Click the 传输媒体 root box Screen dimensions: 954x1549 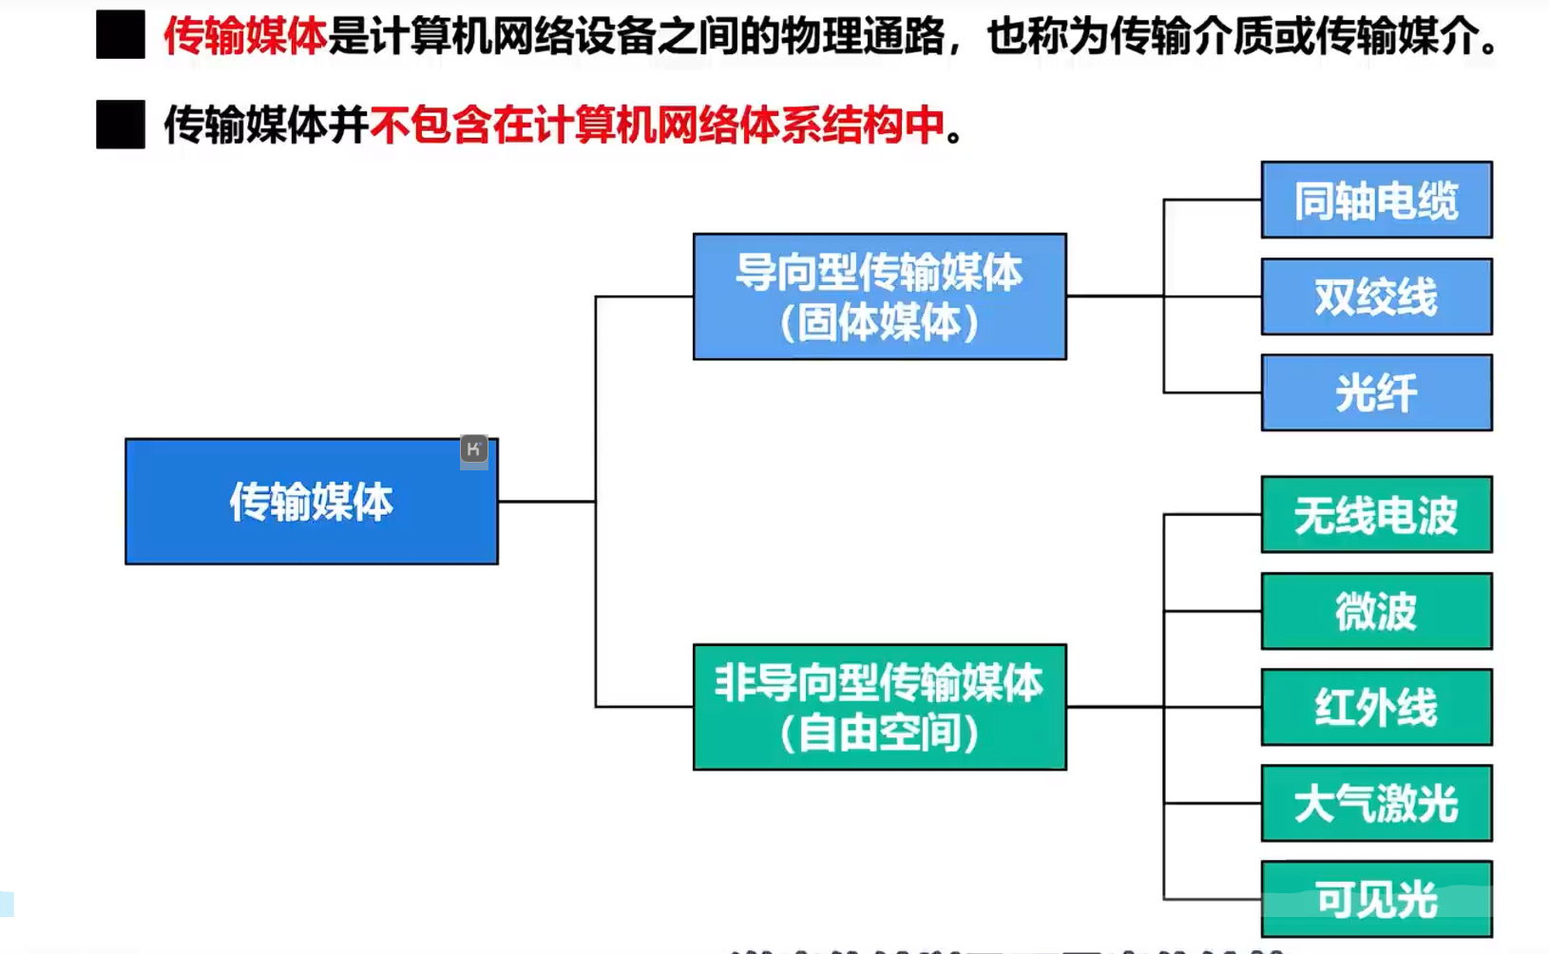coord(311,502)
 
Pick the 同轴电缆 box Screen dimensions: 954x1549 coord(1376,200)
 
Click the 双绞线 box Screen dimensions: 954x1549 coord(1376,296)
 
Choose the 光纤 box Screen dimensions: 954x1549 coord(1376,392)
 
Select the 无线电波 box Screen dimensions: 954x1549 coord(1376,515)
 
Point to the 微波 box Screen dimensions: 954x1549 coord(1376,611)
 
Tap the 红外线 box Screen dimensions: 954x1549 coord(1376,707)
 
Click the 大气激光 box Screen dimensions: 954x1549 coord(1376,803)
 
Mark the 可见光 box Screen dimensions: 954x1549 coord(1376,899)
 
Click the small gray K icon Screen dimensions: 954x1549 coord(473,448)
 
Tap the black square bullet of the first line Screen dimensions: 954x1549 coord(121,35)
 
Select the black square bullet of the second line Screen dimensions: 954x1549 coord(121,124)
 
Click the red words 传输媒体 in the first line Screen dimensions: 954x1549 coord(245,36)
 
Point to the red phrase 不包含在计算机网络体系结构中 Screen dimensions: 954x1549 coord(658,125)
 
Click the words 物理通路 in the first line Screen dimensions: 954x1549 coord(862,36)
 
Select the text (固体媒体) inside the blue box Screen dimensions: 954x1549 coord(879,323)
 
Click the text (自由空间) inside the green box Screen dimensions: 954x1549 coord(879,734)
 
